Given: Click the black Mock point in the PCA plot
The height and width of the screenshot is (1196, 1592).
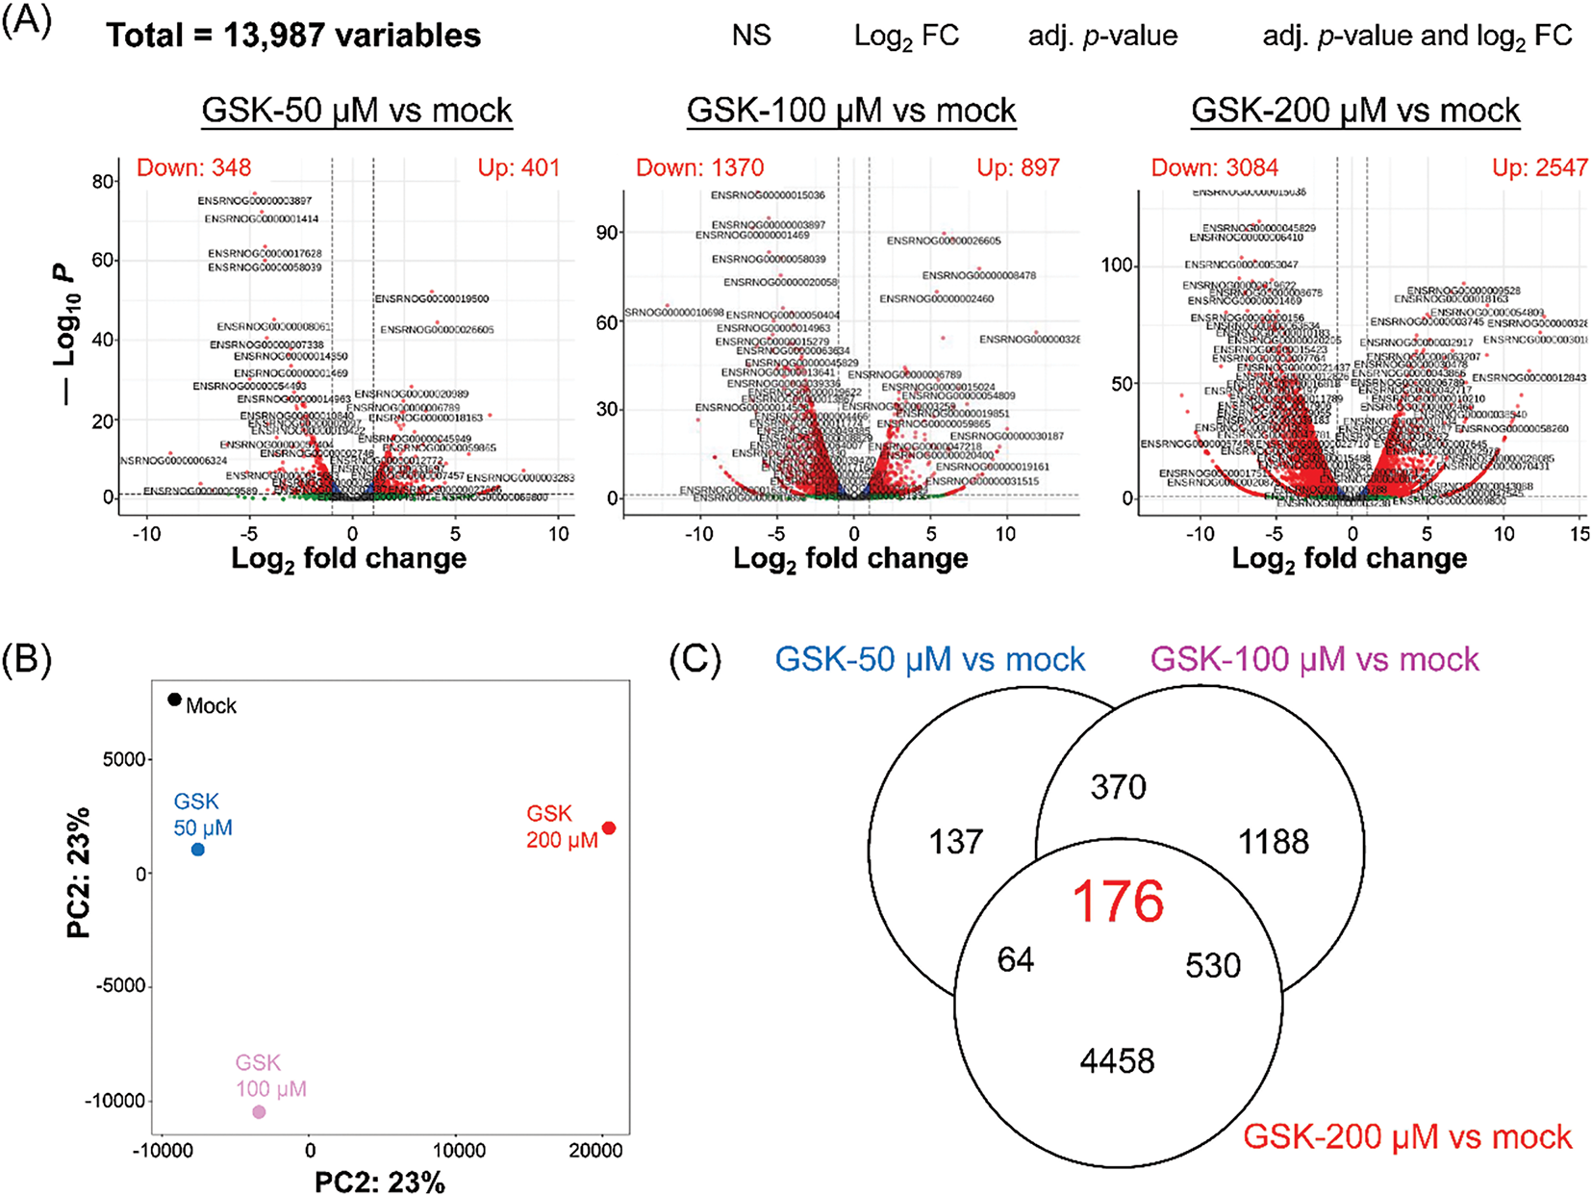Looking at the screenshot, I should (174, 700).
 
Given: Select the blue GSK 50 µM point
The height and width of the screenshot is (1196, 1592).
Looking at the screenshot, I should (198, 850).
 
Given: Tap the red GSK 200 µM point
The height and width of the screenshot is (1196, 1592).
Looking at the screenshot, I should (609, 828).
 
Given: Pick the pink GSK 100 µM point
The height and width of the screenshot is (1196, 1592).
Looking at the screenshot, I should (259, 1112).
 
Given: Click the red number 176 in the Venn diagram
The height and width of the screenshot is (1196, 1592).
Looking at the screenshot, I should (1117, 903).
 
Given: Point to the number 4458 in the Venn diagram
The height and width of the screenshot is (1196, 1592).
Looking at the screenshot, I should (1117, 1061).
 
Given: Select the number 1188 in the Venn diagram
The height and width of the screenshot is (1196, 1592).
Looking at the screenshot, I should (1273, 842).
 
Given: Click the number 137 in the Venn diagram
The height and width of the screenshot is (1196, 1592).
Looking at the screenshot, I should (956, 842).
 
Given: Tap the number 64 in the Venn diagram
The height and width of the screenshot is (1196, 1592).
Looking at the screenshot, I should (1016, 960).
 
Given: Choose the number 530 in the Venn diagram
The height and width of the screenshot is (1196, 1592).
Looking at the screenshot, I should (1213, 966).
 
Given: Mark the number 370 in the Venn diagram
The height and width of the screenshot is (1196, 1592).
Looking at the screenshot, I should (1118, 787).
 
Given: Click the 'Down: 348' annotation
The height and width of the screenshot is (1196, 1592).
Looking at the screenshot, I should (193, 167).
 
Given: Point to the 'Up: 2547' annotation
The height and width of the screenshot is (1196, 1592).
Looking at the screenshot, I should (1539, 167).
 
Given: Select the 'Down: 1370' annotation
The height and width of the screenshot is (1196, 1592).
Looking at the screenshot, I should (699, 167).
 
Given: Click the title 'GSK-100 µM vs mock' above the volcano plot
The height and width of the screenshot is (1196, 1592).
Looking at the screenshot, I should (851, 111).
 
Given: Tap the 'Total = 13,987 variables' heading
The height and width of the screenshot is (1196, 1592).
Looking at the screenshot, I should (293, 36).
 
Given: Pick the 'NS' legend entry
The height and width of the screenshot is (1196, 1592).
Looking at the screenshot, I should (751, 36).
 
